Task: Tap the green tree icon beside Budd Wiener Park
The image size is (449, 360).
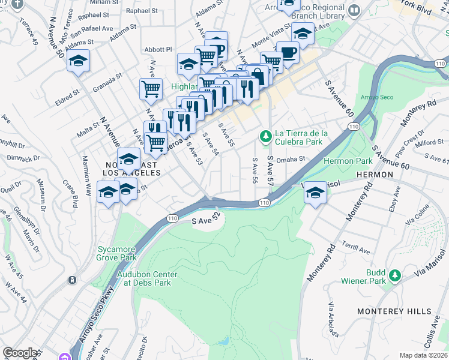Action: (394, 275)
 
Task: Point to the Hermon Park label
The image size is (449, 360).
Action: (348, 161)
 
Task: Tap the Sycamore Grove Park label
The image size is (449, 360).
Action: (116, 253)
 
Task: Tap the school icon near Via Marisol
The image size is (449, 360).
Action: (314, 193)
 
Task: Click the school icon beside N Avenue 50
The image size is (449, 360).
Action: (78, 61)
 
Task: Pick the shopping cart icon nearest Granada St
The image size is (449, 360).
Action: (151, 89)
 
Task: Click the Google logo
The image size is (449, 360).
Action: (20, 353)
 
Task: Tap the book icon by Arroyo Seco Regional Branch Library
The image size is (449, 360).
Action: (354, 10)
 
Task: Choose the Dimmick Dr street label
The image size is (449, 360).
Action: (24, 159)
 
